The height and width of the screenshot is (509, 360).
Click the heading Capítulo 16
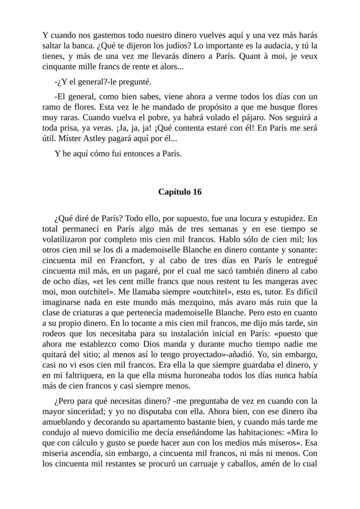click(180, 192)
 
